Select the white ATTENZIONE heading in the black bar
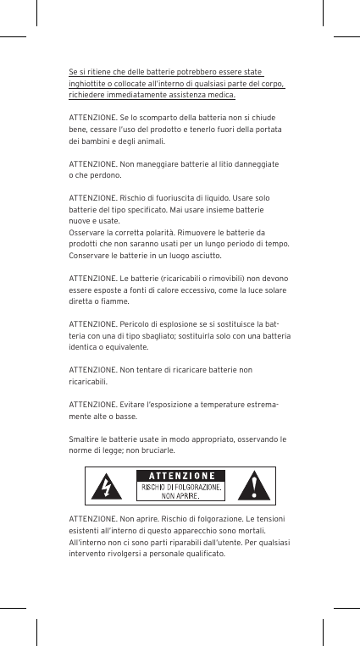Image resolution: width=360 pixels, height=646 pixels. click(181, 475)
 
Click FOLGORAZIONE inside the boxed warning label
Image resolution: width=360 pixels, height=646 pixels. click(195, 487)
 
